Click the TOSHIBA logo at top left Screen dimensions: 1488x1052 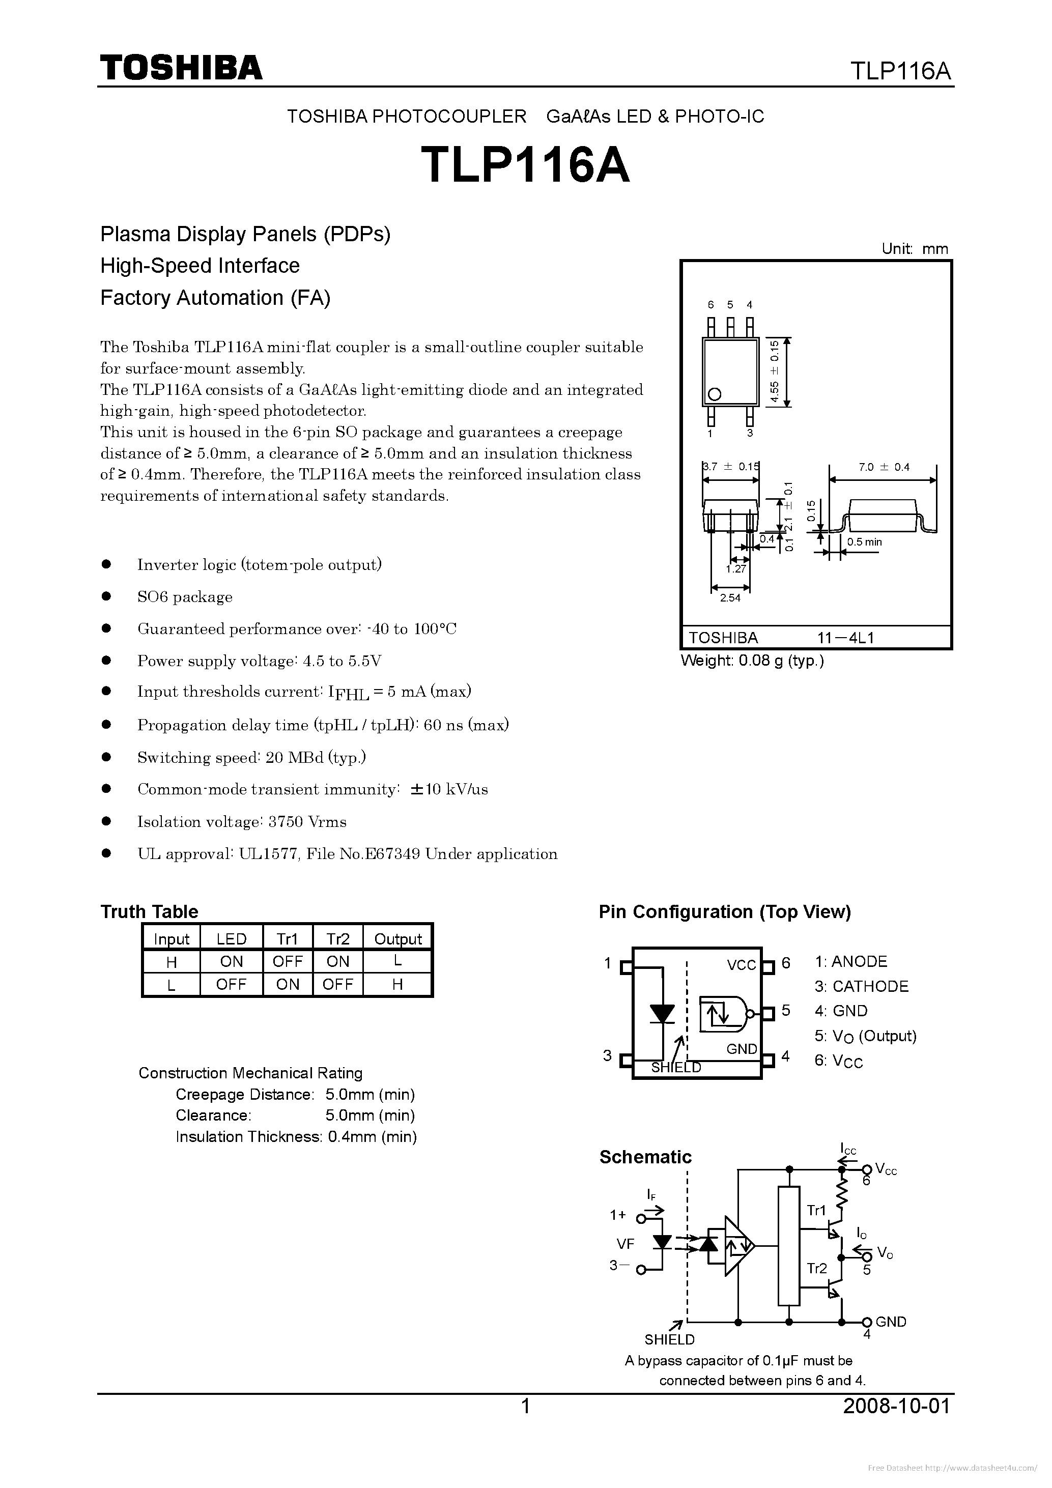point(181,67)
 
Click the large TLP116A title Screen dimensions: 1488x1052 point(525,164)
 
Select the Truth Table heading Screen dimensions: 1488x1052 point(149,911)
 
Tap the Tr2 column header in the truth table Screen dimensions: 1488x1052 point(338,939)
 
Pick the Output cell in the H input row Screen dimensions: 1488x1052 point(397,961)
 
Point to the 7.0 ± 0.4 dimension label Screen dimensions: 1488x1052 point(884,467)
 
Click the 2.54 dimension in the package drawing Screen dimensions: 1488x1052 point(730,597)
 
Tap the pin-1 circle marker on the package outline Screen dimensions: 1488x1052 point(714,394)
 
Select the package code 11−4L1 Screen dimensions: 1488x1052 point(845,638)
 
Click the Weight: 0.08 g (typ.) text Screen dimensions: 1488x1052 point(752,661)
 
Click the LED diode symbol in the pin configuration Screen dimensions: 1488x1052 point(663,1014)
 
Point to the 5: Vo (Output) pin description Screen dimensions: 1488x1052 point(865,1036)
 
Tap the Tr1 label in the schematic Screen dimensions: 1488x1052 point(816,1210)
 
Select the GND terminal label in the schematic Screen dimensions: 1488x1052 point(891,1322)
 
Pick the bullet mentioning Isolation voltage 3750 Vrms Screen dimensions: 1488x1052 point(242,822)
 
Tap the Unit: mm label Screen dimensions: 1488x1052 point(914,249)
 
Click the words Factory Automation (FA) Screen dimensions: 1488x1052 point(215,298)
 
